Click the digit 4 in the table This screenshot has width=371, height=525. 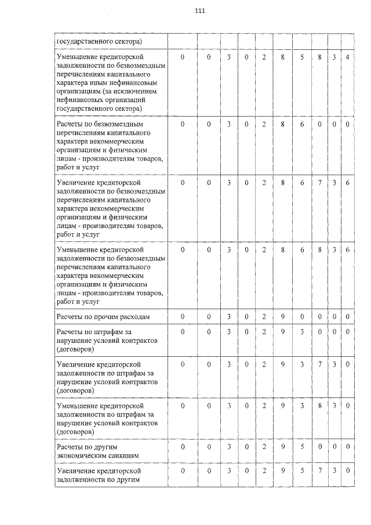[347, 57]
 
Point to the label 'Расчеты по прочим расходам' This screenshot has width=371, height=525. [103, 317]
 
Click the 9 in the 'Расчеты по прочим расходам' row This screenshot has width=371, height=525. [283, 317]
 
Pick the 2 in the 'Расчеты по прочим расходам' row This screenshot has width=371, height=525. [263, 317]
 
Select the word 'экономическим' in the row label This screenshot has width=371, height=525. [80, 455]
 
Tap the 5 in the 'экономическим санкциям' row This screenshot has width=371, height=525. [302, 447]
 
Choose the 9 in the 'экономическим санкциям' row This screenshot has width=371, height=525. [283, 447]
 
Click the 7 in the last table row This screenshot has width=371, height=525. [319, 471]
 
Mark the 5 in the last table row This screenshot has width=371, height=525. [302, 471]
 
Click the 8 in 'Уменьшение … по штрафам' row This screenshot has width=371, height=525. [319, 405]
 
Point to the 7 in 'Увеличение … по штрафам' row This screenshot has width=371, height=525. [319, 364]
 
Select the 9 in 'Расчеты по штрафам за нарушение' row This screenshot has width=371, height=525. [283, 331]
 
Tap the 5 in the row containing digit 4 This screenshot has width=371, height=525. [302, 57]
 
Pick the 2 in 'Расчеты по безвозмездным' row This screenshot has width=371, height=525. [263, 124]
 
